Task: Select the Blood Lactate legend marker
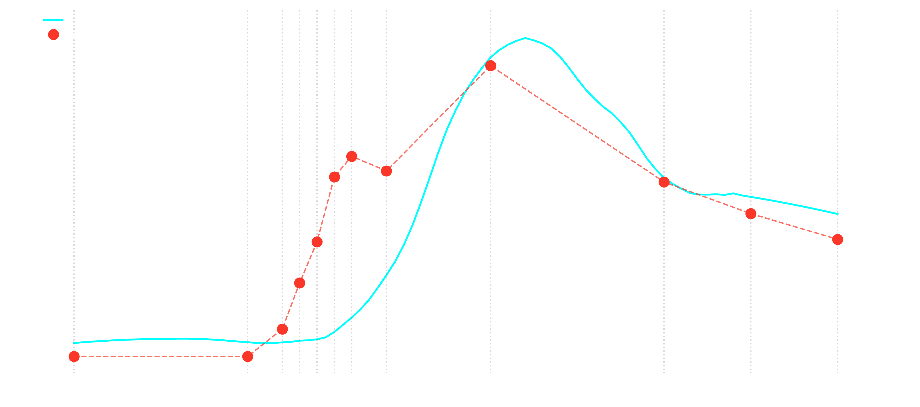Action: (54, 34)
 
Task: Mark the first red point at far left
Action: (74, 356)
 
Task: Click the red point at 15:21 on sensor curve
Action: (664, 182)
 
